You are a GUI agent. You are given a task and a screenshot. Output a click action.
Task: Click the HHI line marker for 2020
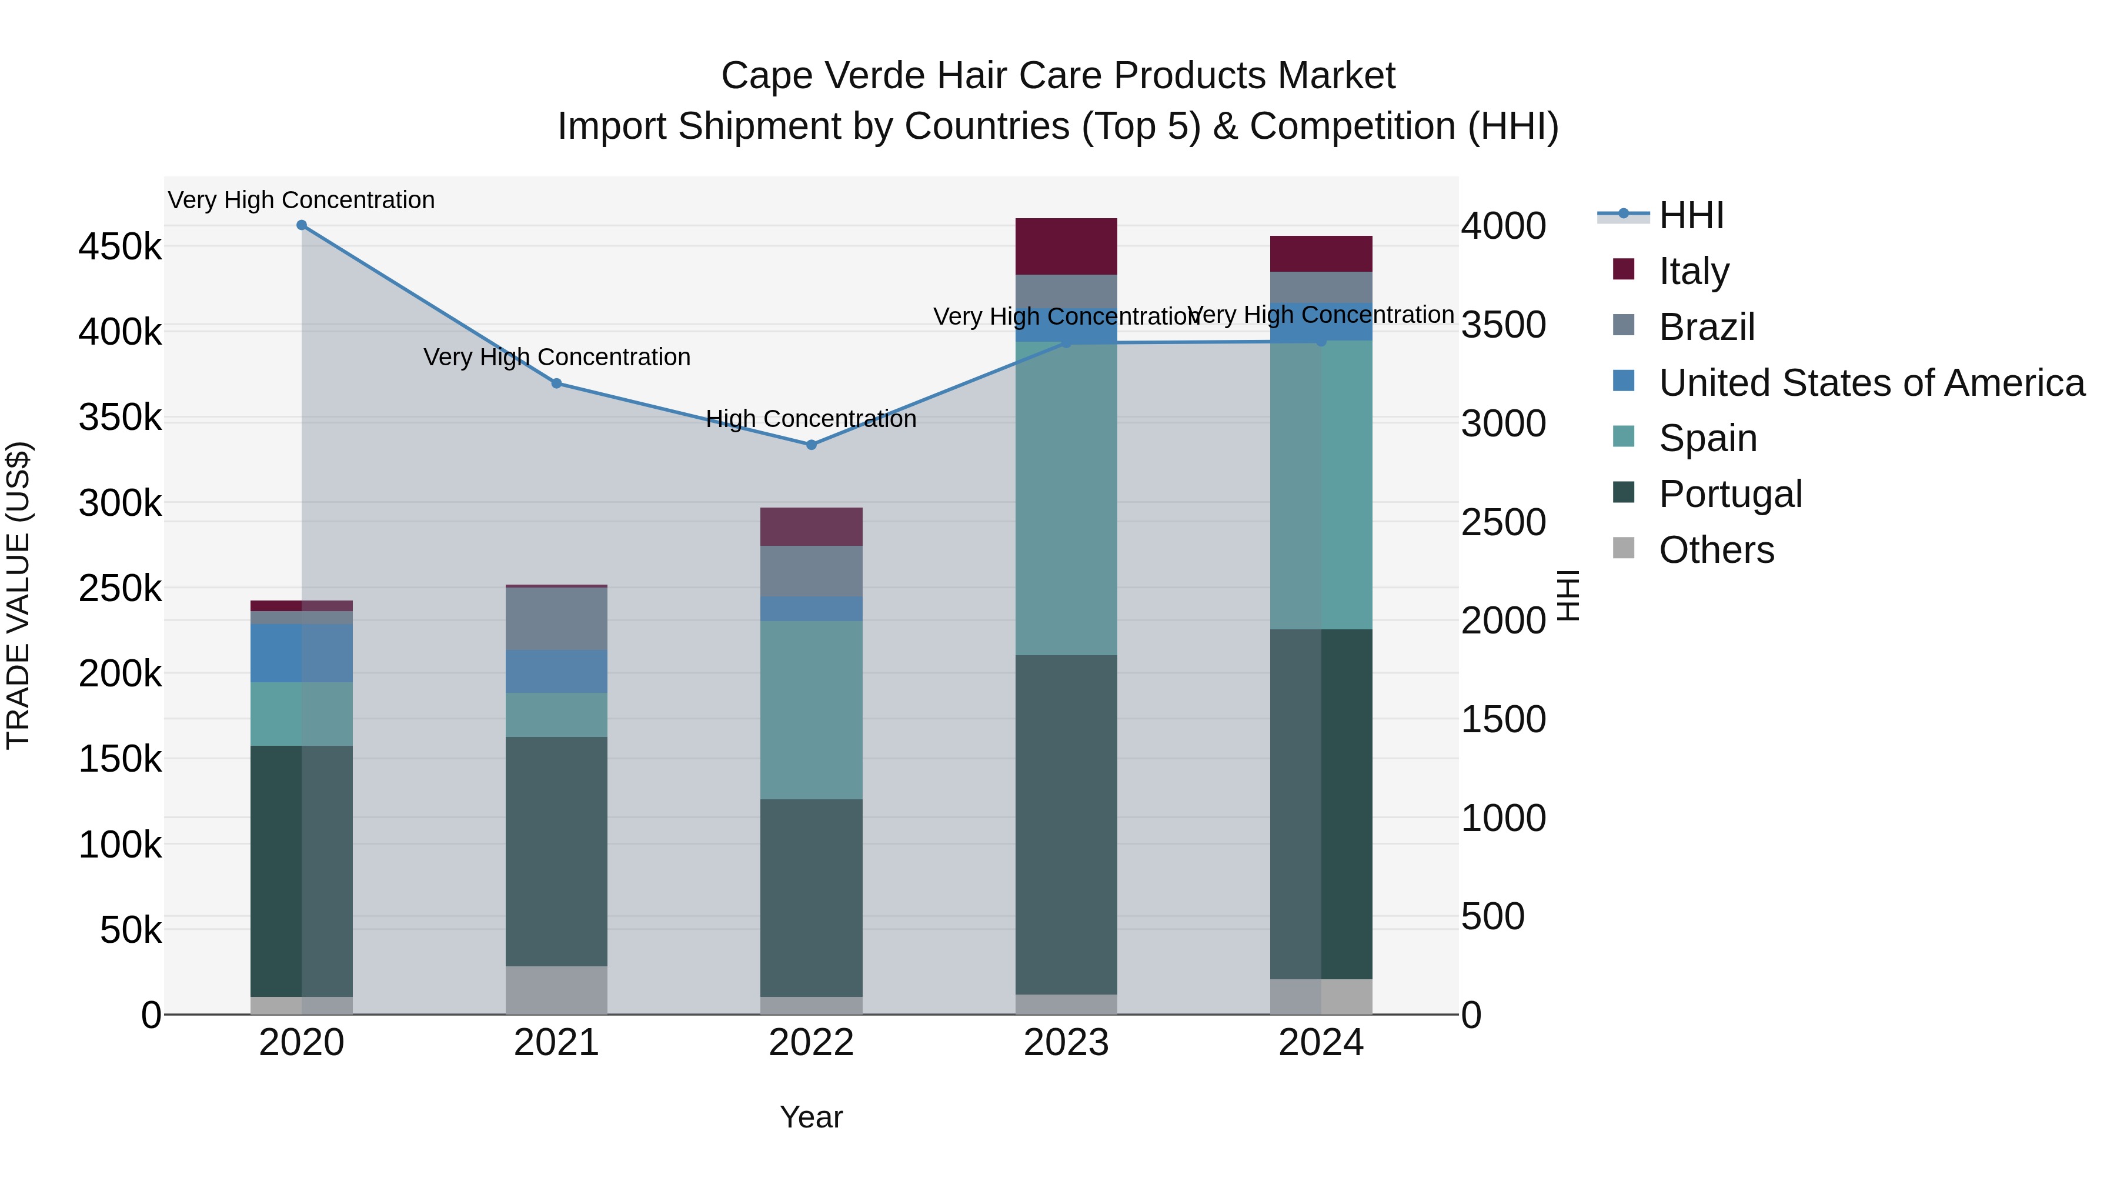click(x=302, y=225)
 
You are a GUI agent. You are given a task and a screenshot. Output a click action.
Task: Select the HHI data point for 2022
click(x=811, y=445)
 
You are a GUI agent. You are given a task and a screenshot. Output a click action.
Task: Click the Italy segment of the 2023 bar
click(x=1066, y=246)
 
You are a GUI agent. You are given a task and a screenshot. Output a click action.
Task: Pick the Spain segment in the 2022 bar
click(x=811, y=710)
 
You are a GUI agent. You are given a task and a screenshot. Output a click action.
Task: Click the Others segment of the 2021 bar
click(x=556, y=990)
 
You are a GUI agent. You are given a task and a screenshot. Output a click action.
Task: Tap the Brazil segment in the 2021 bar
click(x=556, y=619)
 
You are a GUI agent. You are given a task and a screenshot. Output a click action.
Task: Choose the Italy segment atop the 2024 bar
click(x=1321, y=254)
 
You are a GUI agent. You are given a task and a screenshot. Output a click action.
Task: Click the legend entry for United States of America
click(x=1871, y=383)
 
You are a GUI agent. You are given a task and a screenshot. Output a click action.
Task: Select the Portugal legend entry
click(x=1730, y=494)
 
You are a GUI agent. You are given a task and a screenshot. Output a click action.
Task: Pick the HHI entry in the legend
click(x=1691, y=215)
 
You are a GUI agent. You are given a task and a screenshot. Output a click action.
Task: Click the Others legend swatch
click(x=1624, y=548)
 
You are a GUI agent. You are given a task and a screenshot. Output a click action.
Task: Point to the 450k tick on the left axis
click(x=120, y=246)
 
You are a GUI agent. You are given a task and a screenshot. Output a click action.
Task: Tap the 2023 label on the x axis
click(x=1066, y=1043)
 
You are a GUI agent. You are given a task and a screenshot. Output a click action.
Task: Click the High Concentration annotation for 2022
click(x=811, y=419)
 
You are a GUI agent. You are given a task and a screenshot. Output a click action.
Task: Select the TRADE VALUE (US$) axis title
click(x=18, y=595)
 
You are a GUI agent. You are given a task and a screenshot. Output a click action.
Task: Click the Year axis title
click(x=811, y=1117)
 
